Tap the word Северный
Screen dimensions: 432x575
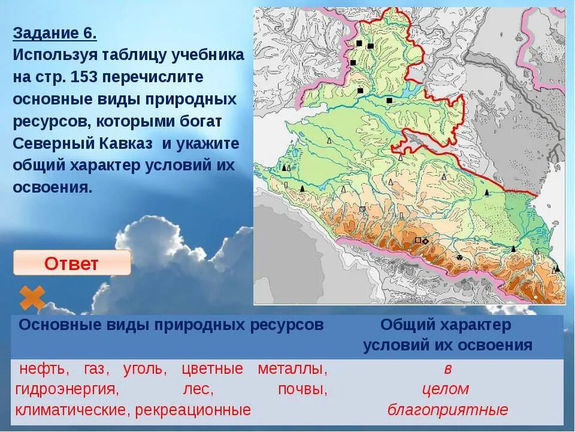(x=49, y=144)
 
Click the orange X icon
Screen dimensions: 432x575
(x=32, y=298)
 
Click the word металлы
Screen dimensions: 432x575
(x=292, y=368)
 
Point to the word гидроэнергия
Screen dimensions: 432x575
(x=66, y=389)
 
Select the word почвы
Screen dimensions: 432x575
(x=302, y=389)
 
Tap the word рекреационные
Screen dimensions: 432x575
(x=193, y=410)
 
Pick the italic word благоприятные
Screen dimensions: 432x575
(x=448, y=410)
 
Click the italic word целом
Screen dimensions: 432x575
(x=446, y=389)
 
